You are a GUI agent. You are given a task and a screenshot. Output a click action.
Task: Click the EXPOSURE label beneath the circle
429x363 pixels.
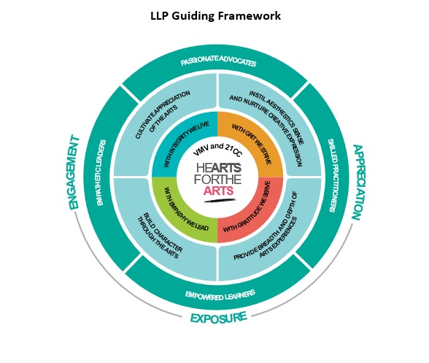coord(218,318)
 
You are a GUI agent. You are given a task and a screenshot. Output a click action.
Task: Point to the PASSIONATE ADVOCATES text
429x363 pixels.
coord(218,63)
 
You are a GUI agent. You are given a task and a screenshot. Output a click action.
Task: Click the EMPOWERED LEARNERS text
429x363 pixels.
coord(218,294)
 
